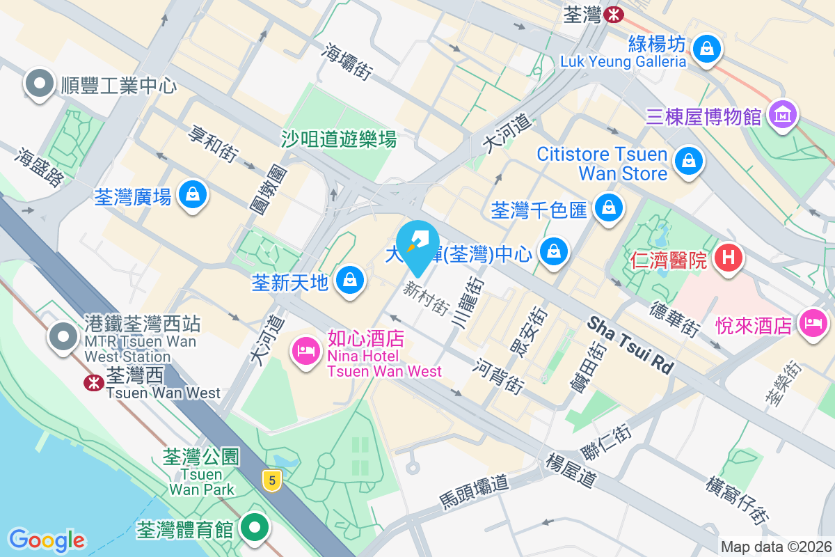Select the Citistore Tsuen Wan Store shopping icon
tap(688, 161)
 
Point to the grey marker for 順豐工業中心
tap(39, 84)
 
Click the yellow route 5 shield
tap(272, 480)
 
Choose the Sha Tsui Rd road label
tap(630, 345)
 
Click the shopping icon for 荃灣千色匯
tap(608, 208)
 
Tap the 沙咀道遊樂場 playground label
tap(339, 139)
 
